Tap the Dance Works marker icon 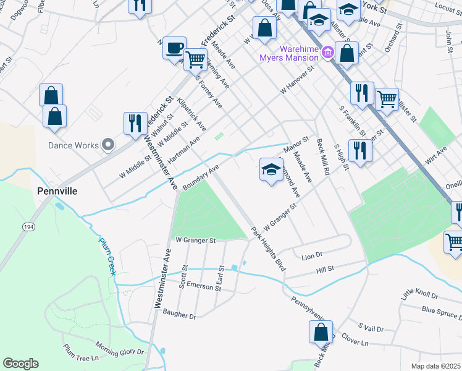(x=108, y=145)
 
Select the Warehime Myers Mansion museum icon (x=327, y=53)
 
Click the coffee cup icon (x=175, y=47)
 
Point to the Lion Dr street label (x=312, y=255)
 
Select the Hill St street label (x=325, y=269)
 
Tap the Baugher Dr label (x=179, y=315)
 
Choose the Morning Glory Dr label (x=119, y=348)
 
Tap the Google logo (x=20, y=363)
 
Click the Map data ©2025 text (x=435, y=366)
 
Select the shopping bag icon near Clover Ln (x=321, y=332)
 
